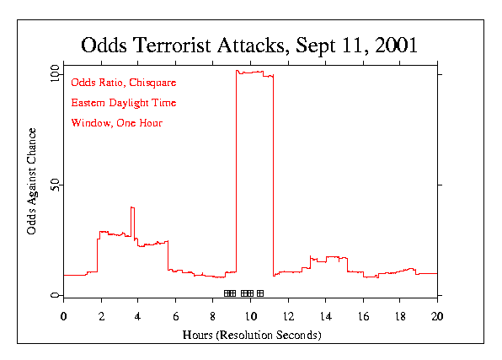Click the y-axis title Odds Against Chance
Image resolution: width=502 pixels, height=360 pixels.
tap(31, 181)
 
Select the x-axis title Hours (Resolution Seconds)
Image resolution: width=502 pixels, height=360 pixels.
tap(251, 335)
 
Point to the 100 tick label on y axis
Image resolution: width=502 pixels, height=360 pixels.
tap(55, 74)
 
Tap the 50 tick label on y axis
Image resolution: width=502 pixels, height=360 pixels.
tap(57, 185)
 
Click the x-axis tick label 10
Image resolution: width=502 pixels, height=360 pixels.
tap(250, 316)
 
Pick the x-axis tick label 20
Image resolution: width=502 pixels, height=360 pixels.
tap(437, 316)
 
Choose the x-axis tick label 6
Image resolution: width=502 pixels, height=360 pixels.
tap(175, 316)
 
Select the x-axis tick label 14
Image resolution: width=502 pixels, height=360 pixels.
tap(325, 316)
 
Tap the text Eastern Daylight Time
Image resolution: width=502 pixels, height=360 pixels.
tap(124, 103)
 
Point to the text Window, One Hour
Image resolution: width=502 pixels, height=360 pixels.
tap(117, 123)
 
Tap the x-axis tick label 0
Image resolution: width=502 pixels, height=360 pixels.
tap(63, 316)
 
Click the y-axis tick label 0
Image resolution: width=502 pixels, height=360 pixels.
tap(55, 295)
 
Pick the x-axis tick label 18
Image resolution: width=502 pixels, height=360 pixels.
tap(400, 316)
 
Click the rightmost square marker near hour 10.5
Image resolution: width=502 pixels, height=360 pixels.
tap(260, 293)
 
